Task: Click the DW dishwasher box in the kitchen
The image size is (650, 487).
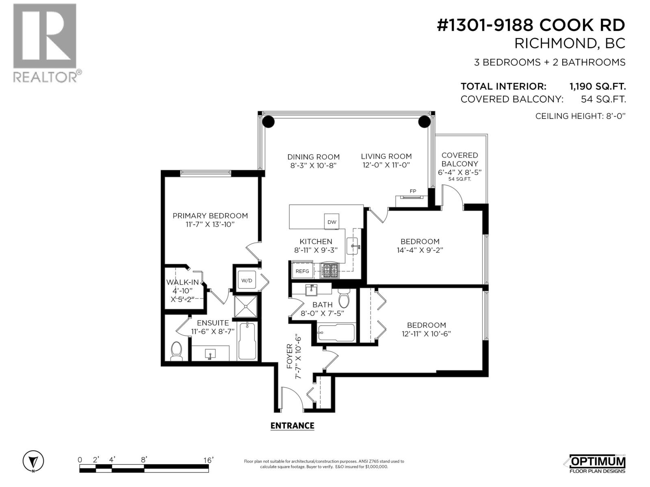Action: [x=331, y=222]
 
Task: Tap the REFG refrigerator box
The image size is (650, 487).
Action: [x=302, y=271]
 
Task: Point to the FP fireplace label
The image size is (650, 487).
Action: [x=413, y=192]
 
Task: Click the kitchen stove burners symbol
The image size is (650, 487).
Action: [x=329, y=270]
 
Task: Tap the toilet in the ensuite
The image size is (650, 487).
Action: [x=177, y=351]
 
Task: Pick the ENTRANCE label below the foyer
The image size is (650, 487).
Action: [x=292, y=426]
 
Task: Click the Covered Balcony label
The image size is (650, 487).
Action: [x=459, y=159]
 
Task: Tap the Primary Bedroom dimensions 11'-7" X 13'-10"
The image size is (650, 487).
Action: [x=210, y=224]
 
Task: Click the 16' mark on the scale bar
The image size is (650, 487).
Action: [x=208, y=460]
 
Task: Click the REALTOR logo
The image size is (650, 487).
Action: [x=45, y=43]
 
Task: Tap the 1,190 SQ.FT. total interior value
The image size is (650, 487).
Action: [x=597, y=86]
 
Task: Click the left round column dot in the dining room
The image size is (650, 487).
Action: [x=268, y=121]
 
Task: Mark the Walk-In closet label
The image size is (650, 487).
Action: [x=182, y=282]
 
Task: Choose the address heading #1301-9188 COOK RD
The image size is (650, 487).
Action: [x=531, y=25]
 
